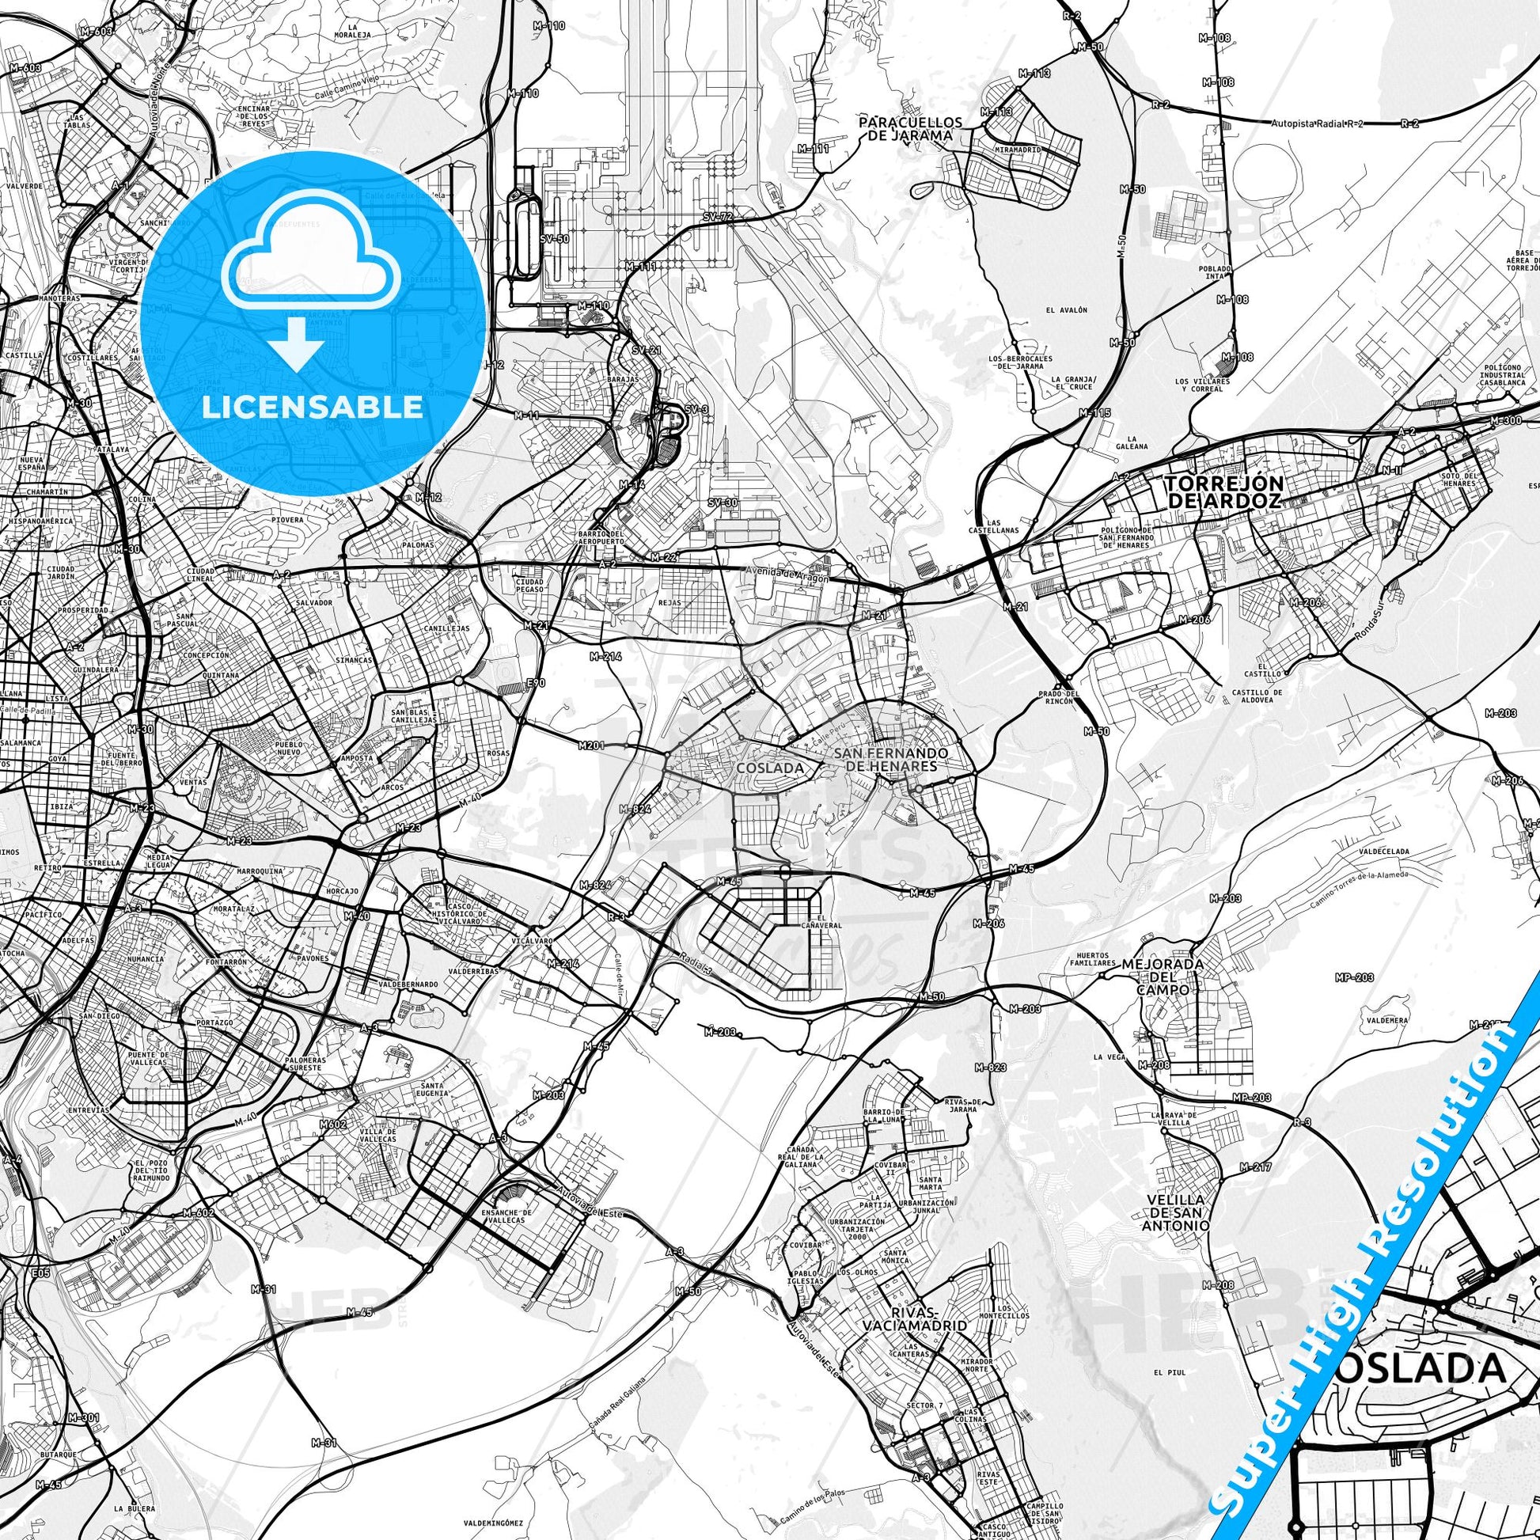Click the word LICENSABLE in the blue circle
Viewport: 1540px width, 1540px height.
313,408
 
